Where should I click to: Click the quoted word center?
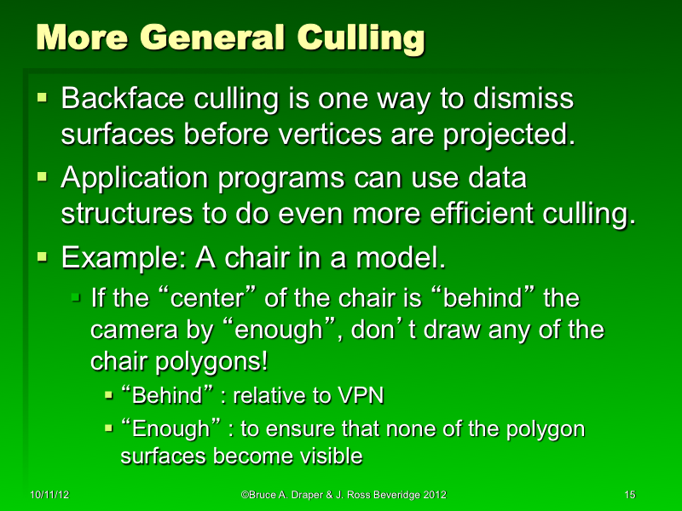pyautogui.click(x=203, y=299)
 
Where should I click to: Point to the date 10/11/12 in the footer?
pyautogui.click(x=45, y=495)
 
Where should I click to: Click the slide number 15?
pyautogui.click(x=631, y=495)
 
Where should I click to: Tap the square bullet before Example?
pyautogui.click(x=43, y=255)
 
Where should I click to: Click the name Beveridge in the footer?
pyautogui.click(x=394, y=495)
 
